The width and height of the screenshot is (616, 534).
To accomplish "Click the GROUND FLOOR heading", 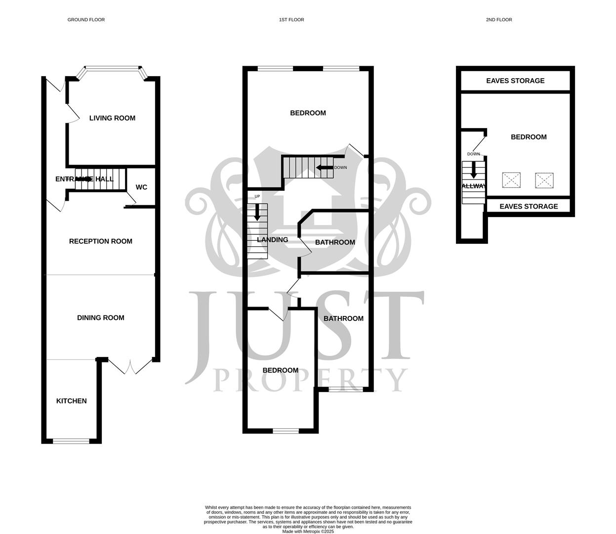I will pos(86,20).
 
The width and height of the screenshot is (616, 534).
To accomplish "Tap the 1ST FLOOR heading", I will pos(291,20).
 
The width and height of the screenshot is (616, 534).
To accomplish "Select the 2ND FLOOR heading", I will pos(499,20).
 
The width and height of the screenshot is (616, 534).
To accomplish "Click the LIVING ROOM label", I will pos(112,118).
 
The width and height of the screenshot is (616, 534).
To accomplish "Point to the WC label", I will pos(141,187).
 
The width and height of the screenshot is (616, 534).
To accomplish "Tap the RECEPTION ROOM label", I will pos(101,241).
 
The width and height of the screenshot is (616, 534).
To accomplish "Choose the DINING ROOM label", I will pos(101,318).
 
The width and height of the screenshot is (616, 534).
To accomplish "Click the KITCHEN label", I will pos(72,401).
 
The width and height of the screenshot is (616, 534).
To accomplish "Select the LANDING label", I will pos(273,240).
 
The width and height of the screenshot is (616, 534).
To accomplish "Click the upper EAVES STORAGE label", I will pos(515,81).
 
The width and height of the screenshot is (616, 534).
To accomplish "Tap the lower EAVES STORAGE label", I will pos(529,206).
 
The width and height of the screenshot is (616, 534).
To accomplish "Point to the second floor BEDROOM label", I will pos(529,137).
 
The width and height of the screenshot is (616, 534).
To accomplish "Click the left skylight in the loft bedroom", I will pos(511,180).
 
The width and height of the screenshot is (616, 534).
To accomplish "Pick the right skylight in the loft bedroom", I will pos(544,180).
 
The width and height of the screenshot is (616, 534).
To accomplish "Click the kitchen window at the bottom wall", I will pos(72,441).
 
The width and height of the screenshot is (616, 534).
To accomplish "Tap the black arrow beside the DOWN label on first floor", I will pos(325,168).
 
